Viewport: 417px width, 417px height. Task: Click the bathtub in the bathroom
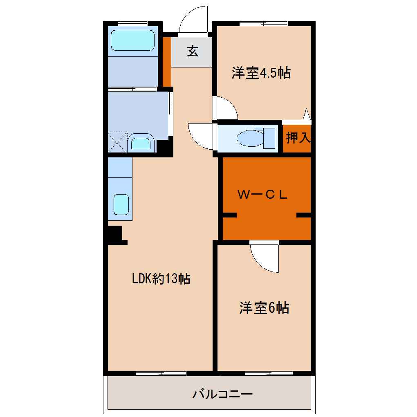click(x=132, y=40)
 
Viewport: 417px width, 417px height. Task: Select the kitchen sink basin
click(x=121, y=204)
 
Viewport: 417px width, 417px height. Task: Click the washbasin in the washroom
click(x=141, y=143)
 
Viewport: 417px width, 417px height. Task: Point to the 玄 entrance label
click(x=193, y=51)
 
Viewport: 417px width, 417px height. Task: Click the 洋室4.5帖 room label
click(x=261, y=73)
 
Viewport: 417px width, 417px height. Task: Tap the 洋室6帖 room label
click(x=264, y=308)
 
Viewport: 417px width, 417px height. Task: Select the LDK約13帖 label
click(x=161, y=279)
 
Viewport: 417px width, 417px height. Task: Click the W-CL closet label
click(x=262, y=195)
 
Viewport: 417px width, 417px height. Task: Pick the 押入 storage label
click(x=298, y=137)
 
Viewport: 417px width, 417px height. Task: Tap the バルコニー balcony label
click(x=222, y=394)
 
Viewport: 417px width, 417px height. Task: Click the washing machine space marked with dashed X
click(x=118, y=142)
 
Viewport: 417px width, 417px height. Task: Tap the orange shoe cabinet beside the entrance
click(x=167, y=62)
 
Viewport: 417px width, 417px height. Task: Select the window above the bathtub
click(x=133, y=24)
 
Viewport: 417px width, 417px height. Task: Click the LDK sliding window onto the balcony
click(x=161, y=374)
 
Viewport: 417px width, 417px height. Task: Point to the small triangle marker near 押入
click(x=307, y=114)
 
